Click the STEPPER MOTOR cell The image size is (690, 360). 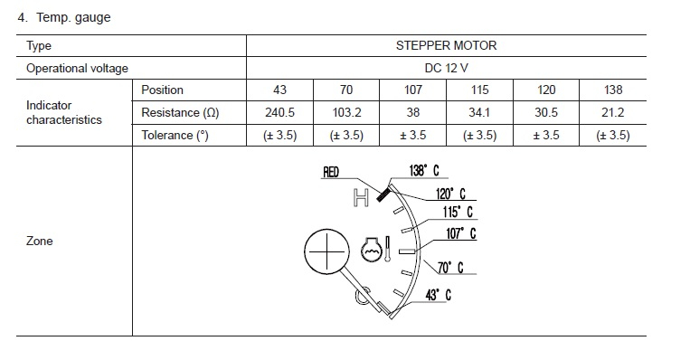pos(446,46)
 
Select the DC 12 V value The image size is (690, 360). pos(446,68)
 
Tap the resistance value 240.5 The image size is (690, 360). pos(279,113)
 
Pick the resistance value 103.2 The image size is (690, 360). pos(346,113)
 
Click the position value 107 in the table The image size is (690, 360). pos(413,90)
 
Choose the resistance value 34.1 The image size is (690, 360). pos(479,113)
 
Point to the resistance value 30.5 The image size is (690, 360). pos(546,113)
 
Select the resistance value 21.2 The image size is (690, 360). pos(613,113)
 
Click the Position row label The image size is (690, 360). pos(162,90)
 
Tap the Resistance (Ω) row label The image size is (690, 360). pos(180,113)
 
